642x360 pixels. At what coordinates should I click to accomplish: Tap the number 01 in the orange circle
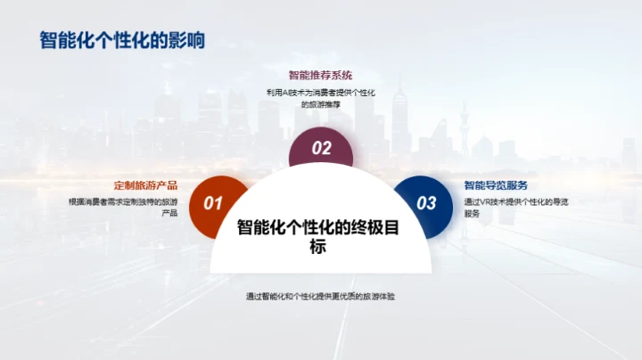pyautogui.click(x=213, y=203)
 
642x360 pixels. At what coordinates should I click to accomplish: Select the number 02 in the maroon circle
pyautogui.click(x=321, y=149)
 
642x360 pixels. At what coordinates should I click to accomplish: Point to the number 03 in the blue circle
pyautogui.click(x=427, y=203)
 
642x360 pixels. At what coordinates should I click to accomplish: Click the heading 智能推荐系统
pyautogui.click(x=321, y=76)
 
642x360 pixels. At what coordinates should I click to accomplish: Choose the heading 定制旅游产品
pyautogui.click(x=146, y=186)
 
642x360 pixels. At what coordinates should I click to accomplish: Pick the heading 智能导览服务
pyautogui.click(x=497, y=186)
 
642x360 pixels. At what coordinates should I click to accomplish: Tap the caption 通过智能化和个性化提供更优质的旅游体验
pyautogui.click(x=321, y=296)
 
